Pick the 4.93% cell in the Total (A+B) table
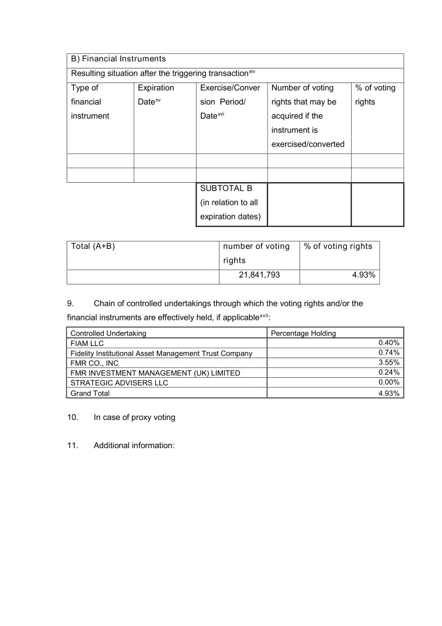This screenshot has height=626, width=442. point(363,275)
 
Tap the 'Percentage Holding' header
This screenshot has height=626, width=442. point(303,333)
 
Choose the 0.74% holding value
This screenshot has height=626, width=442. point(389,353)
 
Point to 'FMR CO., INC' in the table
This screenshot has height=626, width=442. point(95,363)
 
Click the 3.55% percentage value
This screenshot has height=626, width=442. point(389,363)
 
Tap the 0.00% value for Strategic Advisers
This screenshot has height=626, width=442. point(389,383)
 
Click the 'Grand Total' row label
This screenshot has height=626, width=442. point(90,393)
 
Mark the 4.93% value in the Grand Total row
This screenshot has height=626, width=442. point(389,393)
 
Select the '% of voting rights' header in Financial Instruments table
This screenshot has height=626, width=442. point(375,95)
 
